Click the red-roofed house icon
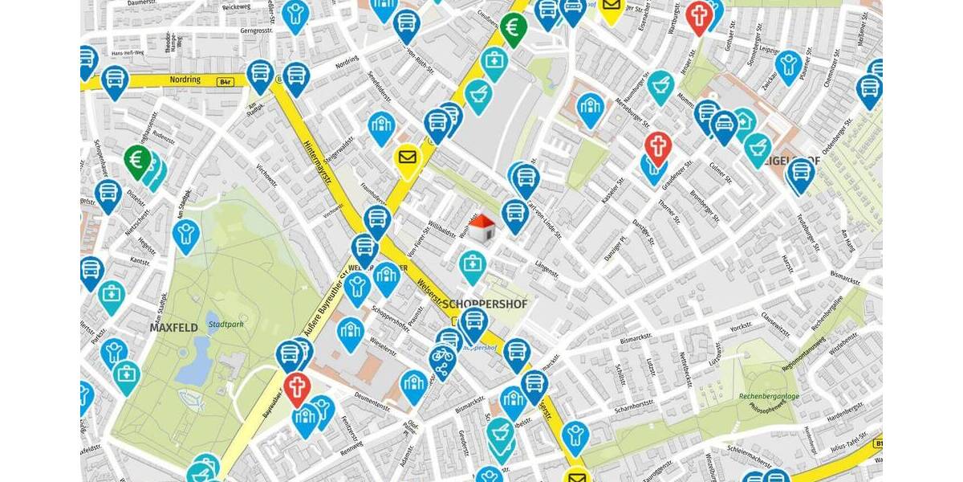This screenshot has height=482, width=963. (481, 231)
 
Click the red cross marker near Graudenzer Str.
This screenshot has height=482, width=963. (657, 146)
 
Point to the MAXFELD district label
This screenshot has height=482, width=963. (173, 328)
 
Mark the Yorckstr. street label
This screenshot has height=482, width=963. (741, 328)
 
